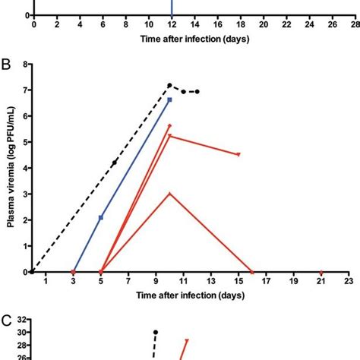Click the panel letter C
click(7, 321)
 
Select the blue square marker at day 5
click(101, 217)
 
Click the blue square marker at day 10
click(169, 99)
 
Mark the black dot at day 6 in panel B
click(115, 163)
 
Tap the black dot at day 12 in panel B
click(197, 92)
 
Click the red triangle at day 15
click(238, 155)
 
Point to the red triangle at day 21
click(321, 272)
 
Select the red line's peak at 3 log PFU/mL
click(169, 194)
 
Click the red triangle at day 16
click(252, 272)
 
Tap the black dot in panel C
click(156, 332)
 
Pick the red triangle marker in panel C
click(186, 341)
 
